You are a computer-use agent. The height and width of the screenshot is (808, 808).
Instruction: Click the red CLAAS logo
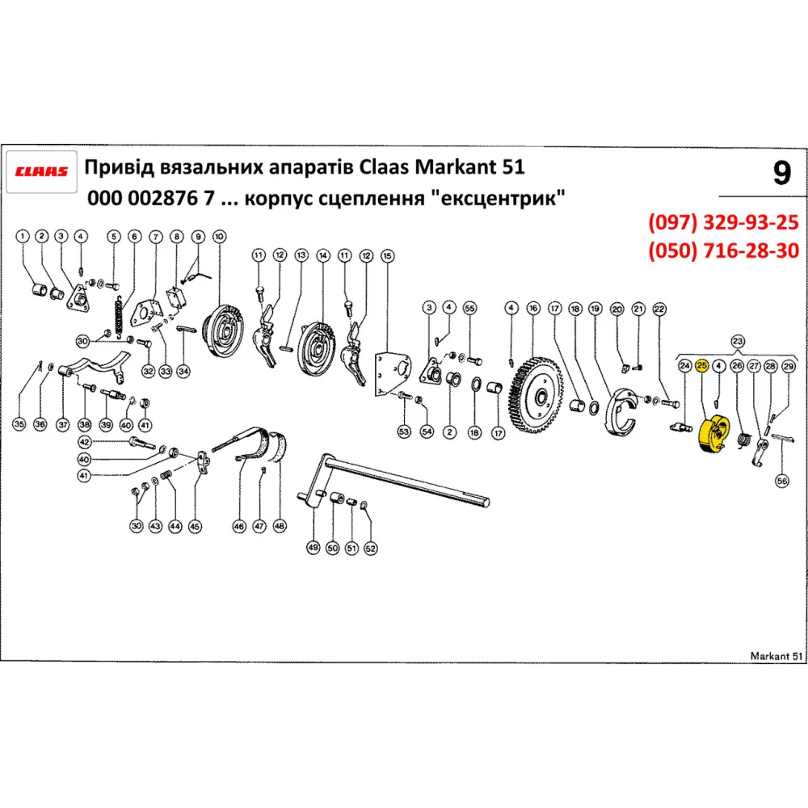tap(43, 170)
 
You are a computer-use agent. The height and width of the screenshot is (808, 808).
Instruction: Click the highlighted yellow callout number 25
tap(701, 366)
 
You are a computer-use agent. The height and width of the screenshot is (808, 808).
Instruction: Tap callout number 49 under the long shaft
tap(314, 547)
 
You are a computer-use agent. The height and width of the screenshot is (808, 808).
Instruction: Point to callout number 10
tap(218, 236)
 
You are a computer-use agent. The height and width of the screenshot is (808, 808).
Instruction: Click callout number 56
tap(781, 481)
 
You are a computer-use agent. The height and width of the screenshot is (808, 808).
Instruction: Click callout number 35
tap(19, 423)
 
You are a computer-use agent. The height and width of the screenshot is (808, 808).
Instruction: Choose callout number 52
tap(370, 547)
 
